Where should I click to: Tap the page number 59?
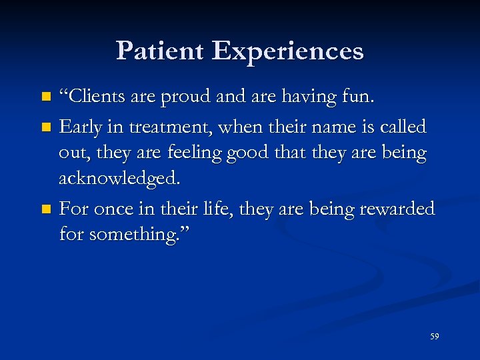pyautogui.click(x=435, y=337)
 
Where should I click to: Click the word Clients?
pyautogui.click(x=94, y=97)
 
